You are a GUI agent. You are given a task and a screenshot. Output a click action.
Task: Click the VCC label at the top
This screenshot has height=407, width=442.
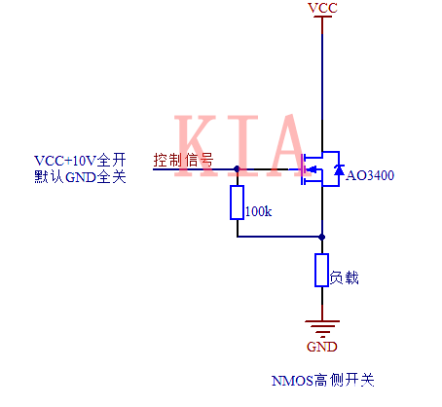tap(322, 8)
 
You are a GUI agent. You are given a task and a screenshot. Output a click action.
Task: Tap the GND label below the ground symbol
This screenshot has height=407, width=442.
tap(322, 346)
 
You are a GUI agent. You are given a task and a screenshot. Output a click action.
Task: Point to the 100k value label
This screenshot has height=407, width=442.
tap(259, 210)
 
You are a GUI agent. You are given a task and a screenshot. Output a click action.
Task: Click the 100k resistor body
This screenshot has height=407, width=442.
tap(237, 203)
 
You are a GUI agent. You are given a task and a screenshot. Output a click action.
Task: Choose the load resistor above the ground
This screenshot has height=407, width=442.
tap(322, 270)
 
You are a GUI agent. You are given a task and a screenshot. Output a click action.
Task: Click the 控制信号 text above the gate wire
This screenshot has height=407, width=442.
tap(183, 160)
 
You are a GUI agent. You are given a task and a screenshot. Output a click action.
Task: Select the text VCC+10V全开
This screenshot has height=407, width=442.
tap(80, 160)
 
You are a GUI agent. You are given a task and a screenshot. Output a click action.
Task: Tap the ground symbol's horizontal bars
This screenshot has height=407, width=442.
tap(322, 326)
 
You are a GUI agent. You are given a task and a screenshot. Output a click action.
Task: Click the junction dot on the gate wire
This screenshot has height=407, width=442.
tap(237, 168)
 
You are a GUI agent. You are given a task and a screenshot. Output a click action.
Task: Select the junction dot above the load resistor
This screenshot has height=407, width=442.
tap(322, 236)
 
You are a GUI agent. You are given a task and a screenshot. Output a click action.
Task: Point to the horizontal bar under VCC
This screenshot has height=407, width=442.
tap(322, 18)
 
